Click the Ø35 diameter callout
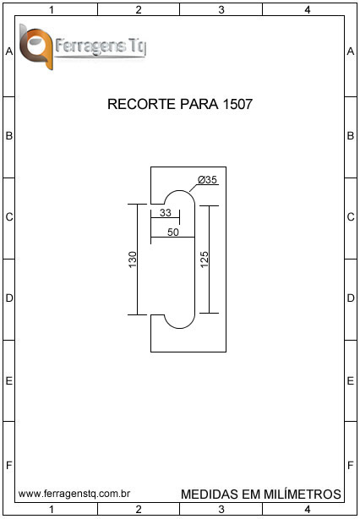(x=207, y=180)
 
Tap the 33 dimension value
(x=166, y=213)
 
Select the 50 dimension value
(x=173, y=232)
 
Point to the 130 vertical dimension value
(x=133, y=259)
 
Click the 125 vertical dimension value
(x=205, y=259)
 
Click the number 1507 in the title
(x=238, y=104)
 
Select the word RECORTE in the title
(x=142, y=104)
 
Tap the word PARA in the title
(x=199, y=104)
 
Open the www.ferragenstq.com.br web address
(x=74, y=494)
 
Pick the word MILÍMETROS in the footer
(x=302, y=494)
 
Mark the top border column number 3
(x=221, y=10)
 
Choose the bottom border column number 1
(x=52, y=509)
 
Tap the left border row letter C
(x=9, y=216)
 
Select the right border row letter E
(x=351, y=381)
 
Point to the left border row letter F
(x=9, y=465)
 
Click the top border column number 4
(x=308, y=10)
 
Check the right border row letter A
(x=351, y=52)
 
